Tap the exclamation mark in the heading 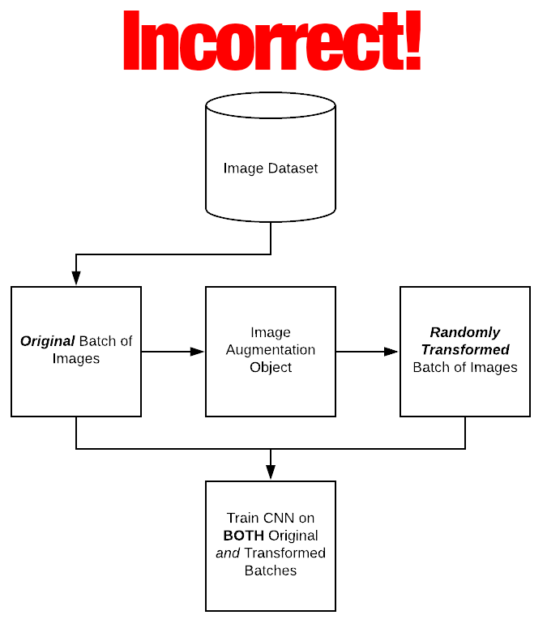(x=412, y=42)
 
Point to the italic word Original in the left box (x=47, y=341)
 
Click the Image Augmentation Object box (x=271, y=351)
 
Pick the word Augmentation (x=271, y=350)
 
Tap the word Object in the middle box (x=271, y=367)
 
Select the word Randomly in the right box (x=465, y=332)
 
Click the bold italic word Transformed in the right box (x=465, y=349)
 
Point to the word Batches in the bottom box (x=271, y=570)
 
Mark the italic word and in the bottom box (x=228, y=553)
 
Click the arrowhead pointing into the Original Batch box (x=76, y=278)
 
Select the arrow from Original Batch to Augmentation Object (x=173, y=352)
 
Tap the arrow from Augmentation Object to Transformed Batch (x=367, y=352)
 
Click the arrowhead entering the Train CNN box (x=271, y=472)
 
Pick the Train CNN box (x=271, y=545)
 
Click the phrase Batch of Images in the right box (x=465, y=367)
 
